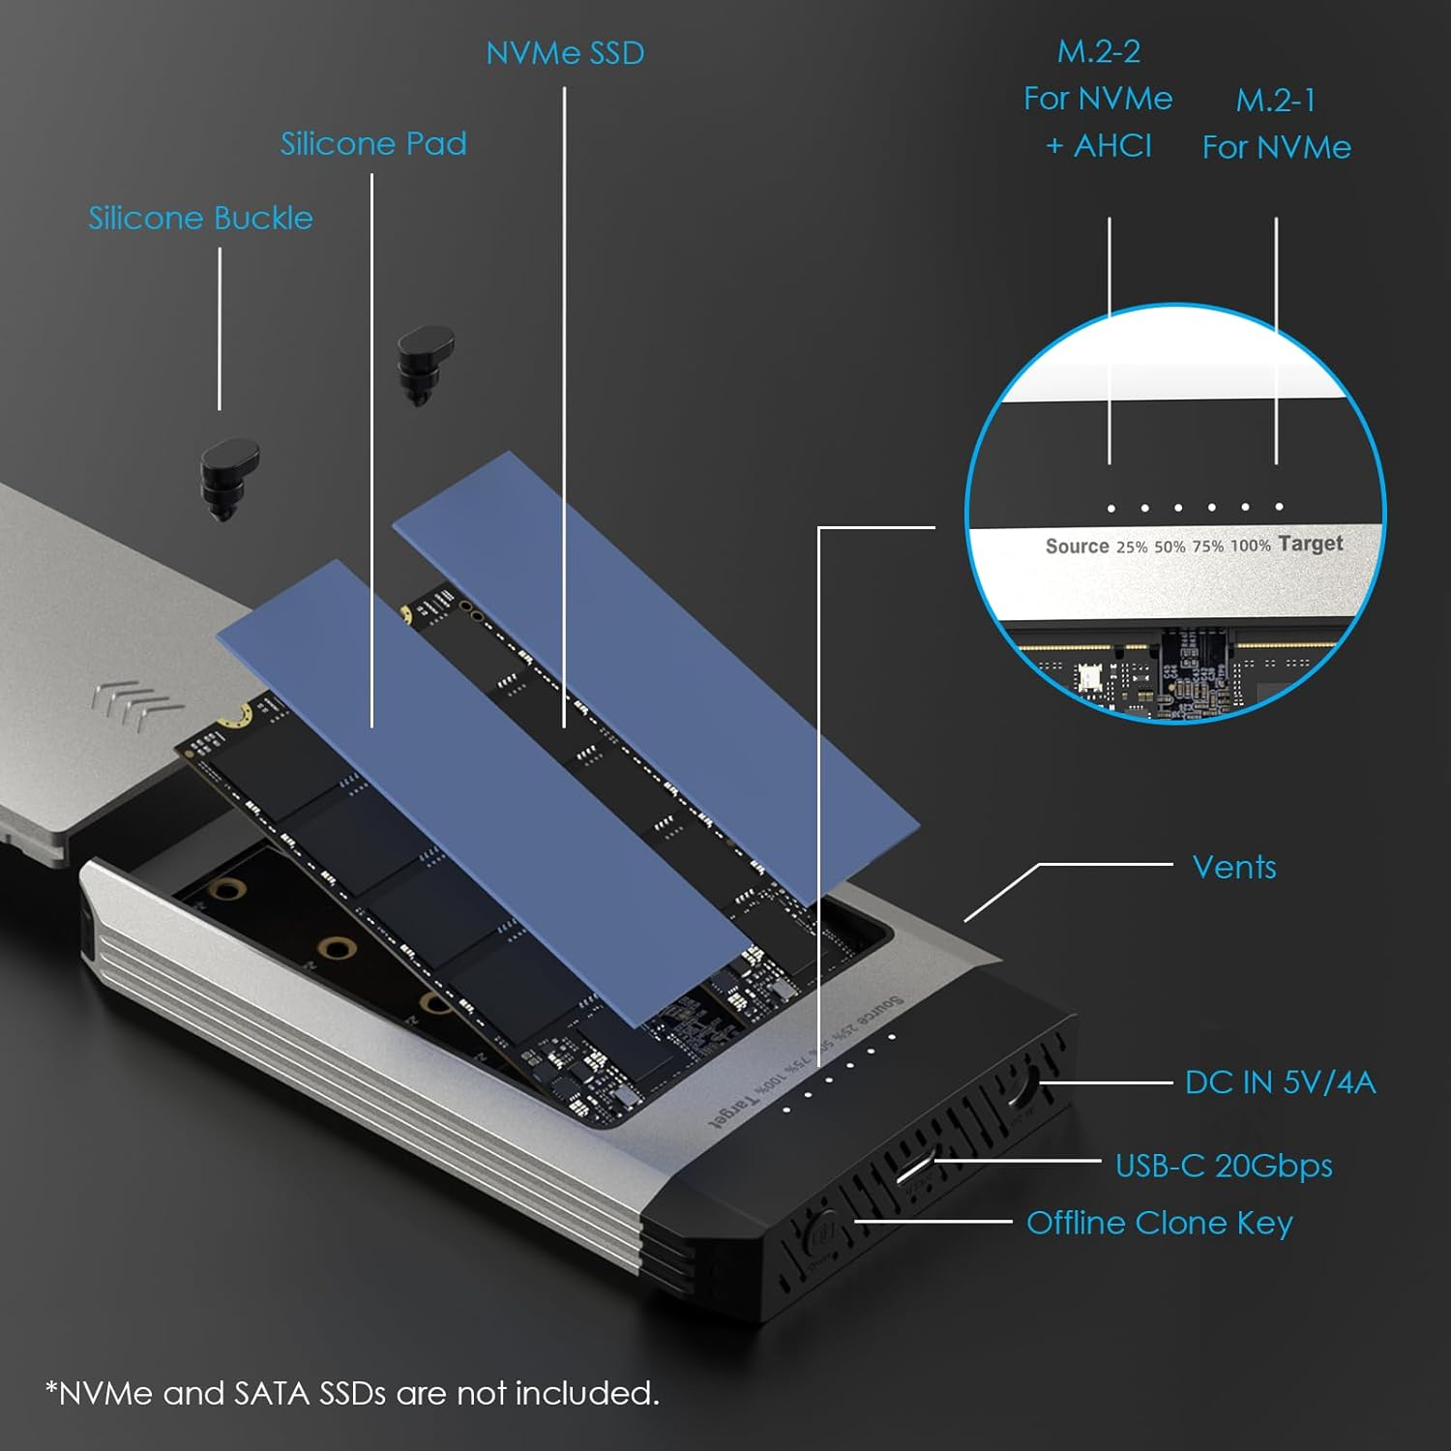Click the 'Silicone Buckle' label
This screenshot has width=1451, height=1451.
[x=200, y=219]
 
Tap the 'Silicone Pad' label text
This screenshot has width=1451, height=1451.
[x=373, y=144]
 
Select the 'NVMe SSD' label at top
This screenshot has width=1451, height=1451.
[x=565, y=53]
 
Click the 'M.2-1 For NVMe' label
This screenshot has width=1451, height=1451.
[x=1276, y=124]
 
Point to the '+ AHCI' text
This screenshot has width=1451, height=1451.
[x=1099, y=146]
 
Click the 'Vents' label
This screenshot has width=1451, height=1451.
[x=1233, y=867]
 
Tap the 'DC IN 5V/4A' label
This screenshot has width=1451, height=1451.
[x=1280, y=1082]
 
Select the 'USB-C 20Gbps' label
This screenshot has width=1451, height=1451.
[x=1224, y=1166]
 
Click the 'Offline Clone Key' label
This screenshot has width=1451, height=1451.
[x=1159, y=1223]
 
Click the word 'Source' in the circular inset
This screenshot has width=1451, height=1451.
[x=1077, y=547]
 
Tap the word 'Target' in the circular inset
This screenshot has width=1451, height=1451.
[x=1310, y=544]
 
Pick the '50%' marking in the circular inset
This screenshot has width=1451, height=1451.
[x=1169, y=547]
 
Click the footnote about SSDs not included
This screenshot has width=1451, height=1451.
[x=352, y=1393]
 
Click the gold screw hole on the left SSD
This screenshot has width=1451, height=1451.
[x=235, y=717]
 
